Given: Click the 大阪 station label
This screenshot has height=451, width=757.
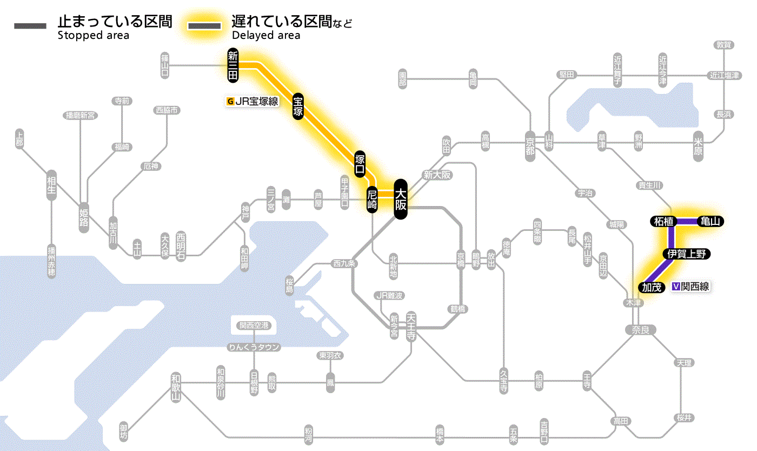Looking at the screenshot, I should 400,199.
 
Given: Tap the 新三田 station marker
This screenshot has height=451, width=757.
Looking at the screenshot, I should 233,65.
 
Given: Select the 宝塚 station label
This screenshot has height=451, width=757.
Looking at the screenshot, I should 298,106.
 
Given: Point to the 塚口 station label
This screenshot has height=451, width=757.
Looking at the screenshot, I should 360,164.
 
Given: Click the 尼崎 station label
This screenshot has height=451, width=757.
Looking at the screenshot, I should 372,200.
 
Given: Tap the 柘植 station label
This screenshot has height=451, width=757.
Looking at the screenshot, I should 663,221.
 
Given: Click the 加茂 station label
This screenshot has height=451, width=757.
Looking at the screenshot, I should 652,287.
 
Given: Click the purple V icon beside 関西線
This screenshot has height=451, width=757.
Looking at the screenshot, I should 676,287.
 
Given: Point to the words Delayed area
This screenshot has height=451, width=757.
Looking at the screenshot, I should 266,36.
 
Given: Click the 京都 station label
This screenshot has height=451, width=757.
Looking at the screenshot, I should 530,143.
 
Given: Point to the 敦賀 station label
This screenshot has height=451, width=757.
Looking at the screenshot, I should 723,45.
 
